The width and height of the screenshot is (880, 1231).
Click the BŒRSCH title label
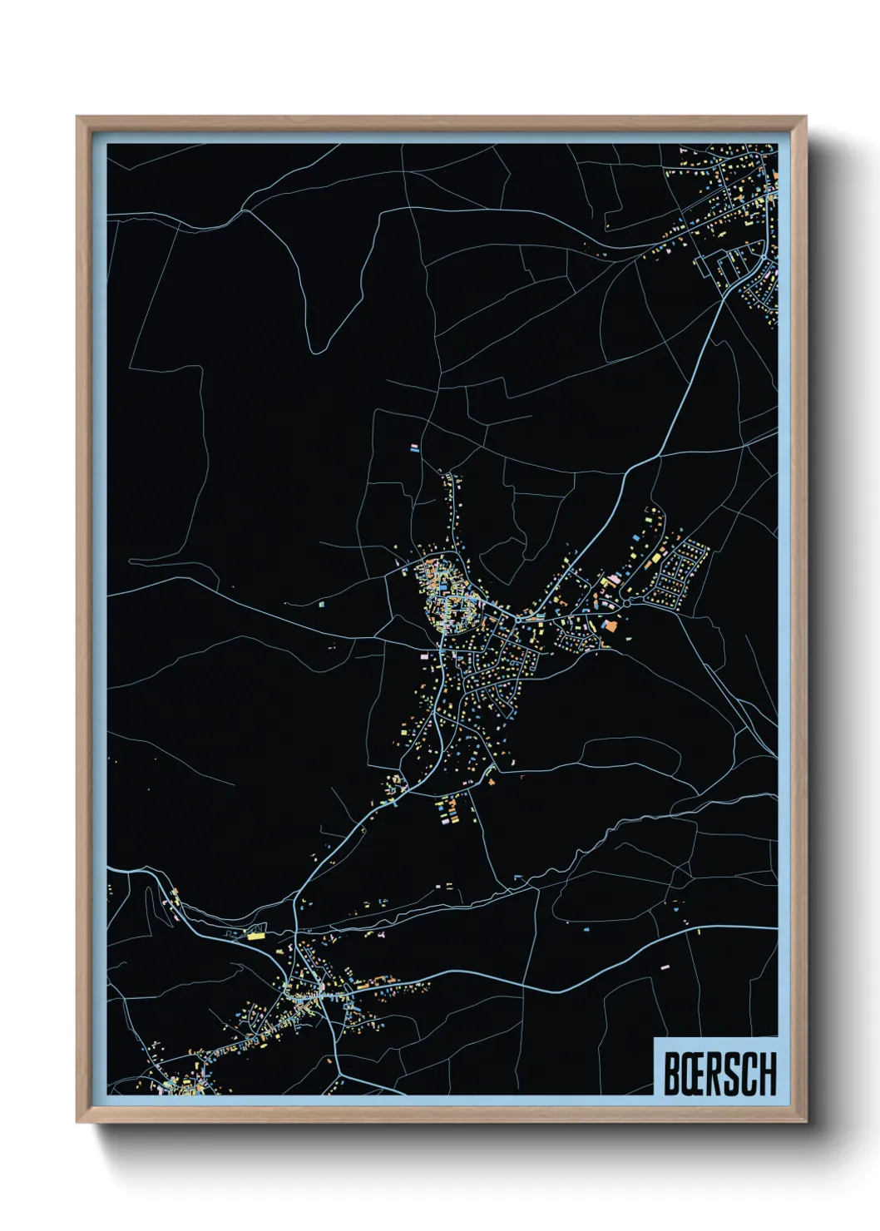click(719, 1073)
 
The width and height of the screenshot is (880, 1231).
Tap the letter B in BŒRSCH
click(671, 1074)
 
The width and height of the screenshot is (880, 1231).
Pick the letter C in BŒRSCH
click(747, 1074)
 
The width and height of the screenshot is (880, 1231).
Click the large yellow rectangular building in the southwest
click(255, 935)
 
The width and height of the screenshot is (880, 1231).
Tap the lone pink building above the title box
click(665, 967)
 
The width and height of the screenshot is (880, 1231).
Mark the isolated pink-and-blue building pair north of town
click(414, 447)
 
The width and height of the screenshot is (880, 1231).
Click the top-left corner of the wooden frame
click(77, 117)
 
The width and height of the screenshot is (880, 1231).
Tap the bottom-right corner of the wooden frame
click(805, 1122)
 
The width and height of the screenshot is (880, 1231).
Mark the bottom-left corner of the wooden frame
click(77, 1122)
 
